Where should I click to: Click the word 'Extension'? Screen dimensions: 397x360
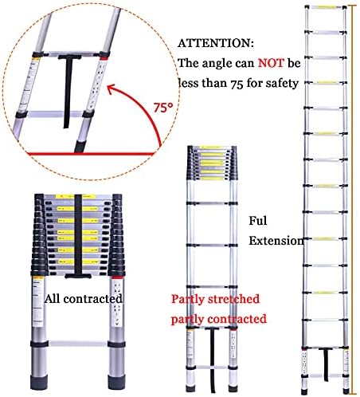tap(276, 240)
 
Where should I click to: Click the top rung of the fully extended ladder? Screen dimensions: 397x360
tap(327, 10)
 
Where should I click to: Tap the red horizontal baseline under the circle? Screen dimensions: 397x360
tap(80, 151)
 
